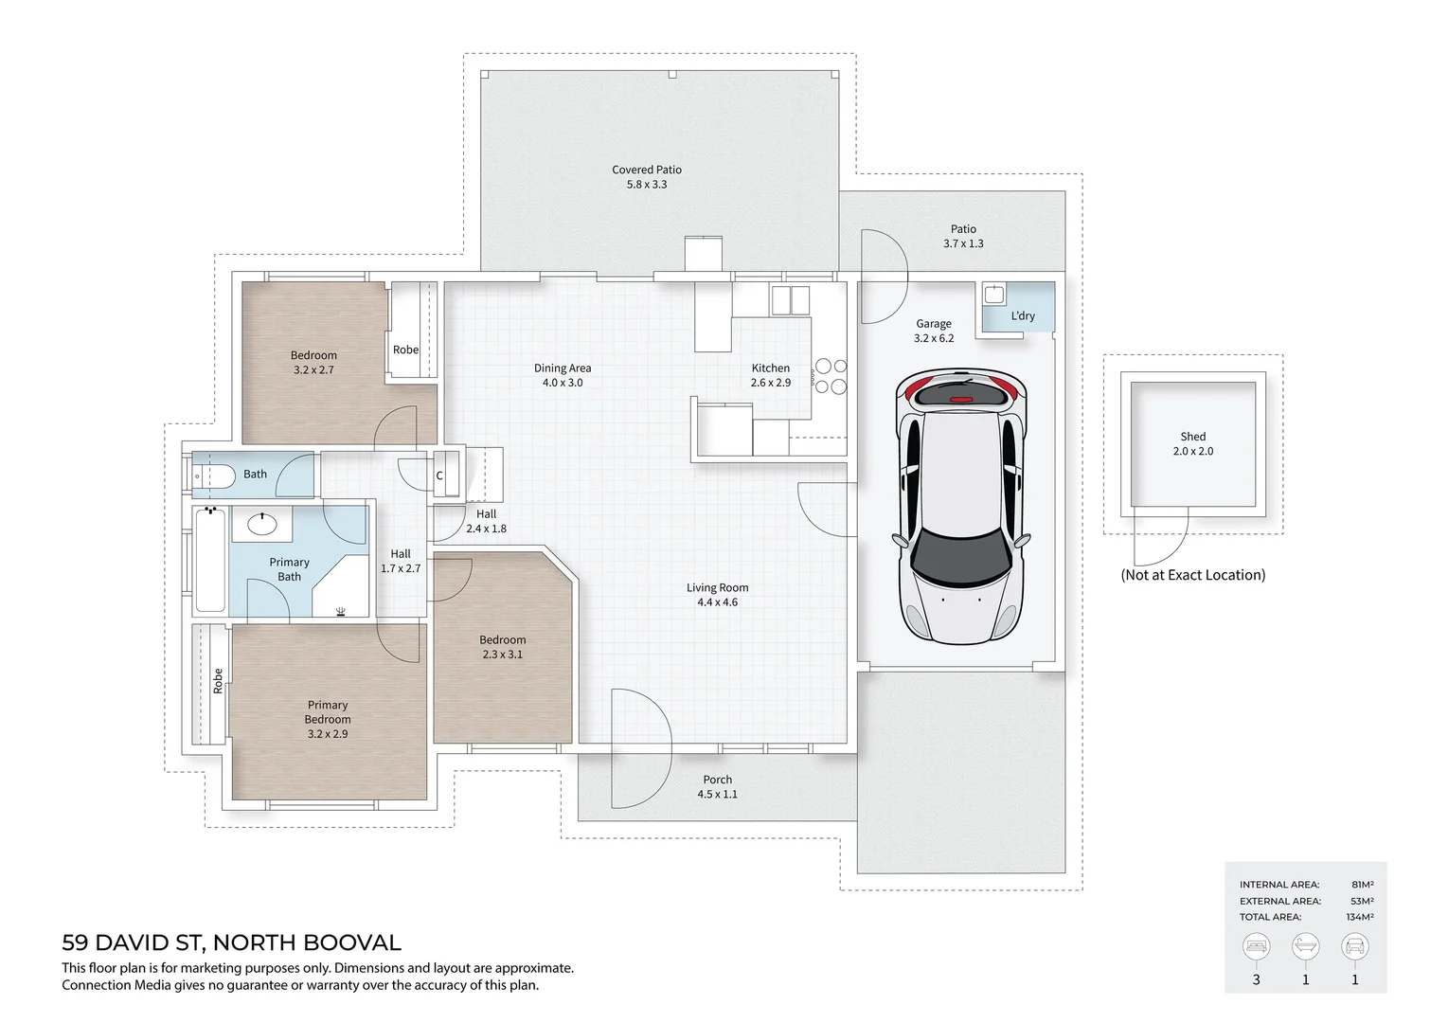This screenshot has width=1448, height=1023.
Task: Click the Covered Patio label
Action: pyautogui.click(x=647, y=170)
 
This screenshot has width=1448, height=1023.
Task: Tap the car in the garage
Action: pyautogui.click(x=960, y=507)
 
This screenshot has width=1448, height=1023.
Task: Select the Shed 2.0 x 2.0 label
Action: pyautogui.click(x=1192, y=443)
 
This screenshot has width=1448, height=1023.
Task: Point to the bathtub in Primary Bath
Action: pyautogui.click(x=210, y=560)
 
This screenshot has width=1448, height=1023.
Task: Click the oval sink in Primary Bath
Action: pyautogui.click(x=262, y=523)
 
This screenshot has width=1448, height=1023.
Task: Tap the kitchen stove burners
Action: pyautogui.click(x=831, y=376)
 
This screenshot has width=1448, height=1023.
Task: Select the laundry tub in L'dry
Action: pyautogui.click(x=994, y=295)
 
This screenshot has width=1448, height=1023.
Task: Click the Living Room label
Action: pyautogui.click(x=718, y=587)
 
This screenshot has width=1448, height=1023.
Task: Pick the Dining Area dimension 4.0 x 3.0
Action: pyautogui.click(x=563, y=382)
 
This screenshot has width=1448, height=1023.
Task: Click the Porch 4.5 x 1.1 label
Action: pyautogui.click(x=718, y=786)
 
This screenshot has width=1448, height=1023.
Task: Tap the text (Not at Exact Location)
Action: pyautogui.click(x=1192, y=575)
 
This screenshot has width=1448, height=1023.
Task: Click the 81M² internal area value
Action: pyautogui.click(x=1362, y=885)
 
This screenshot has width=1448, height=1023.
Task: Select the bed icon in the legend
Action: pyautogui.click(x=1256, y=946)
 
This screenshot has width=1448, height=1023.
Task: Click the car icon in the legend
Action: pyautogui.click(x=1355, y=946)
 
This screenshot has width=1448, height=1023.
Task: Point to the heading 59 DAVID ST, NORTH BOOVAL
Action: pyautogui.click(x=231, y=942)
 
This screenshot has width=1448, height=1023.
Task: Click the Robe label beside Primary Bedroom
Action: pyautogui.click(x=218, y=681)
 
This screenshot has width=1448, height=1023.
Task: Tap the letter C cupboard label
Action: pyautogui.click(x=439, y=476)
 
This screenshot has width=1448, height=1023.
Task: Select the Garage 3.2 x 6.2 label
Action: pyautogui.click(x=934, y=331)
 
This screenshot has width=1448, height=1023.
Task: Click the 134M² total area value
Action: pyautogui.click(x=1360, y=917)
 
